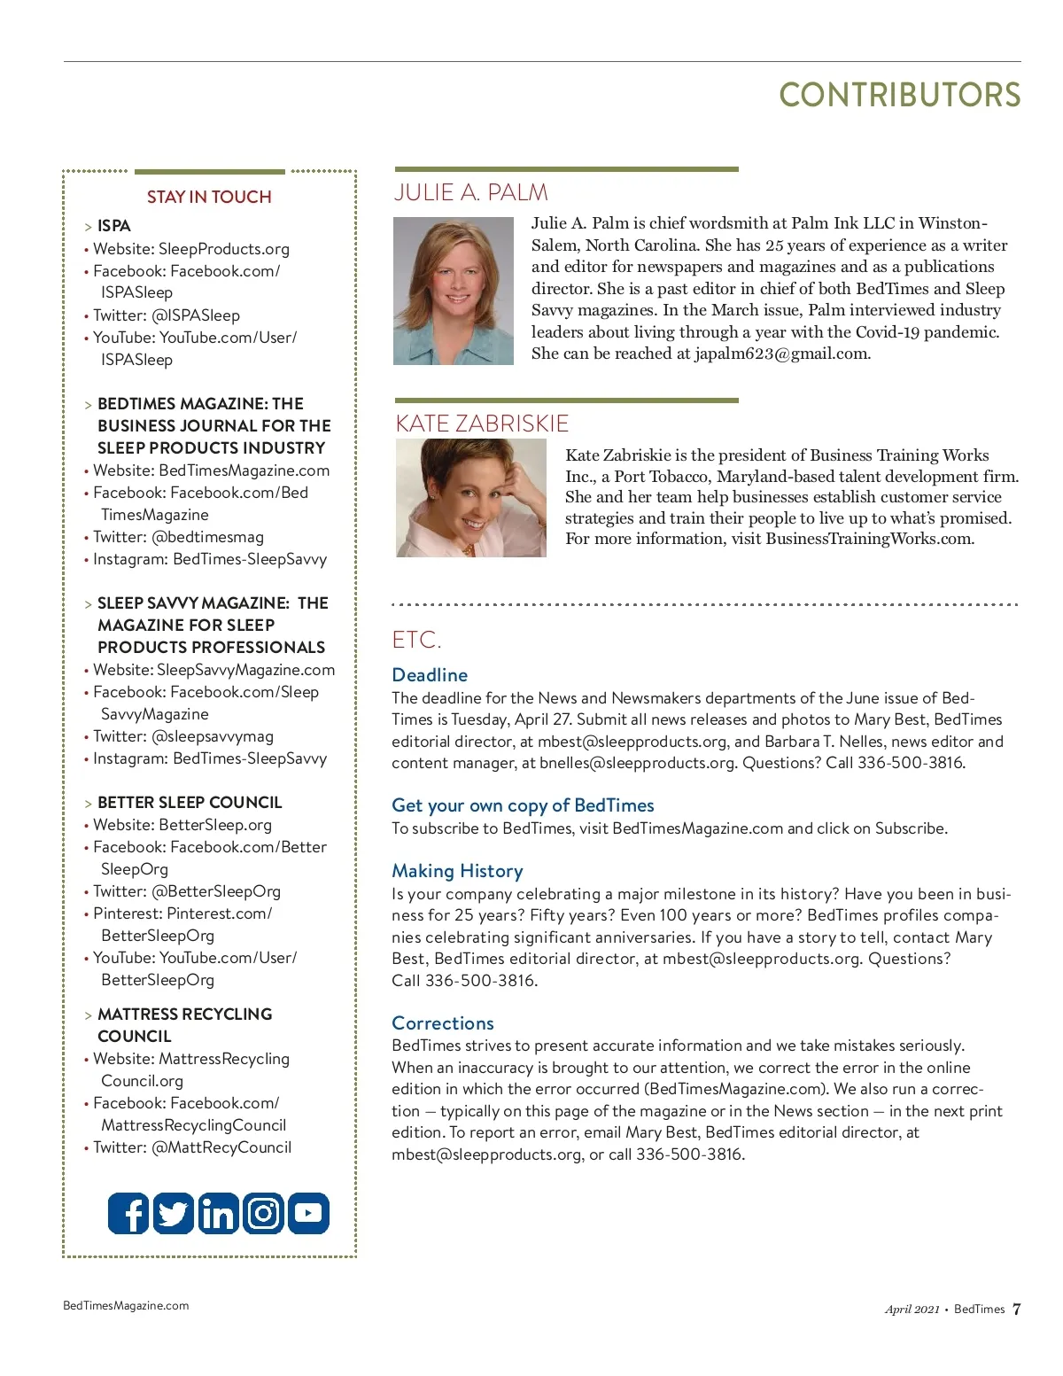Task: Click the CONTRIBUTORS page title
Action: click(x=899, y=95)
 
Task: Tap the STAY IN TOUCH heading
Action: click(x=209, y=197)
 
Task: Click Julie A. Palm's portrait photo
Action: click(x=454, y=291)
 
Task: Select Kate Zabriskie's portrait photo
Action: click(x=470, y=498)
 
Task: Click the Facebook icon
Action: click(x=128, y=1213)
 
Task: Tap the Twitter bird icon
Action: click(x=174, y=1213)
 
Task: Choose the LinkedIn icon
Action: click(x=218, y=1213)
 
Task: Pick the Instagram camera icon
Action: click(x=263, y=1213)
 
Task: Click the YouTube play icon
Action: click(x=308, y=1213)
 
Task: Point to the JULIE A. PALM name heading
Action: click(x=470, y=192)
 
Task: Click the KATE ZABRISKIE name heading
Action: click(x=482, y=424)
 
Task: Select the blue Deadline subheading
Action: click(x=430, y=675)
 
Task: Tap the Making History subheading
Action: click(x=457, y=871)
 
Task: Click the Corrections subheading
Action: click(x=443, y=1023)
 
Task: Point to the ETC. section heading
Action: click(x=416, y=640)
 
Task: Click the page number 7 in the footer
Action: click(x=1016, y=1309)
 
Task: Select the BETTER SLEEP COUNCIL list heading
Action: click(x=190, y=803)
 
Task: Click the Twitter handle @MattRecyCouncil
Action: click(x=221, y=1147)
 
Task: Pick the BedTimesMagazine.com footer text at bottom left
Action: click(x=126, y=1305)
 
